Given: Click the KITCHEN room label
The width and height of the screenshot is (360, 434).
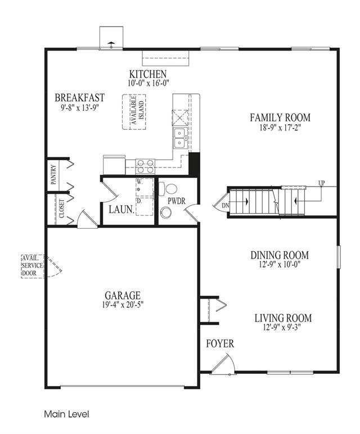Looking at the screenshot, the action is (148, 74).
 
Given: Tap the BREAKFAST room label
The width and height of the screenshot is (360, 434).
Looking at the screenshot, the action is (79, 98).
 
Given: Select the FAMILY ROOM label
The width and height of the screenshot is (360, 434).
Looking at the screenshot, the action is (280, 117).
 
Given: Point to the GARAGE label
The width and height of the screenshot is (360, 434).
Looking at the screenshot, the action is (123, 296).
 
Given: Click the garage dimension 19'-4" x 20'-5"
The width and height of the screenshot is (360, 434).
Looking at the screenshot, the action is (123, 305).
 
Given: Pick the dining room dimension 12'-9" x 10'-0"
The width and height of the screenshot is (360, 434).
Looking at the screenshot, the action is (280, 264).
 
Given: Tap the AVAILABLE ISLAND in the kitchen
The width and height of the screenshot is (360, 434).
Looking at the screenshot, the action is (134, 112).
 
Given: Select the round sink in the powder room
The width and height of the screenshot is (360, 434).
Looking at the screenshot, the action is (166, 214).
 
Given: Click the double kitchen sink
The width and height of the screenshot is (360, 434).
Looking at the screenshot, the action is (180, 138).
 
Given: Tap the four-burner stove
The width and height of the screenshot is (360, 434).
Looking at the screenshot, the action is (145, 166).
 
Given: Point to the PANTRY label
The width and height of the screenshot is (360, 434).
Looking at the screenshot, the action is (53, 175).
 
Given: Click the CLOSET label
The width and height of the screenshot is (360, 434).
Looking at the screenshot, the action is (61, 209).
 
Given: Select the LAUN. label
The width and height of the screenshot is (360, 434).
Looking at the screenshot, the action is (121, 210).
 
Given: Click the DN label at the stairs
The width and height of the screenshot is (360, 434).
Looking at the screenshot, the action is (226, 206).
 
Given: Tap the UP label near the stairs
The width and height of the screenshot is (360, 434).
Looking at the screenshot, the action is (322, 183).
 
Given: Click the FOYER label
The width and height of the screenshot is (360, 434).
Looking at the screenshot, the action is (220, 343).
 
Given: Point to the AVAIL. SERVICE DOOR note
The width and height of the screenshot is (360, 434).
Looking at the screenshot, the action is (33, 266).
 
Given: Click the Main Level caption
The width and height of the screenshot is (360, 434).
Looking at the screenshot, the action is (67, 414).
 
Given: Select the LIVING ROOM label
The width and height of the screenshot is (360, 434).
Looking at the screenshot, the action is (283, 318).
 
